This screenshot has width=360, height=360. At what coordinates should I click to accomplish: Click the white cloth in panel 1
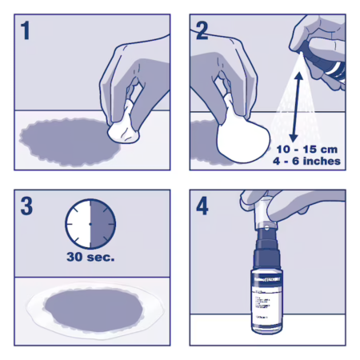pyautogui.click(x=119, y=126)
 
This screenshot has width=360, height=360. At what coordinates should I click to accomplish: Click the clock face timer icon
pyautogui.click(x=90, y=225)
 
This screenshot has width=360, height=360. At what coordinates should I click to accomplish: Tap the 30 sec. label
pyautogui.click(x=90, y=258)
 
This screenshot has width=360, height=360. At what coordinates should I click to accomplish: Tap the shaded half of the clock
pyautogui.click(x=102, y=225)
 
